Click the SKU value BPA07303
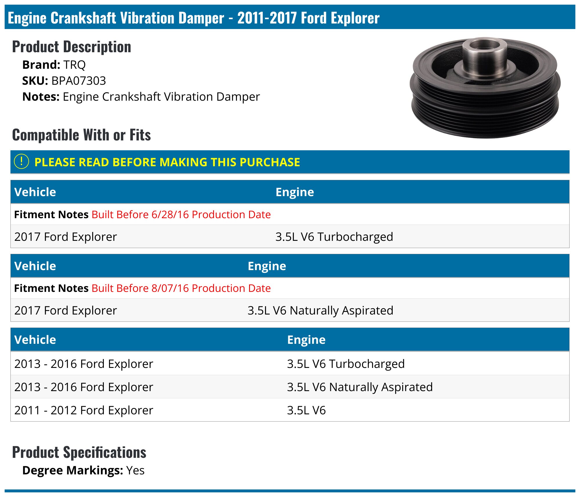coord(79,81)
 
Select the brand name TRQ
coord(74,65)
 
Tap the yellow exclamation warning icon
coord(21,162)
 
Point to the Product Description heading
coord(72,47)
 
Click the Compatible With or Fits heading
coord(81,135)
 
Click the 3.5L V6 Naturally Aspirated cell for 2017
coord(320,310)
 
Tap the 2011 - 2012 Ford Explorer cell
coord(84,410)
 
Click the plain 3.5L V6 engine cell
coord(306,410)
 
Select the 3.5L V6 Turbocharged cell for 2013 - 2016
coord(346,364)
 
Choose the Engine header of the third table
coord(306,339)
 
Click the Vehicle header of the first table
coord(35,192)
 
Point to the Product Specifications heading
coord(79,452)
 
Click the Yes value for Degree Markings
coord(135,470)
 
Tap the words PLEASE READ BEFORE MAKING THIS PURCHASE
coord(167,162)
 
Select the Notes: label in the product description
coord(41,97)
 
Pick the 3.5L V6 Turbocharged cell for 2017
coord(334,236)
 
